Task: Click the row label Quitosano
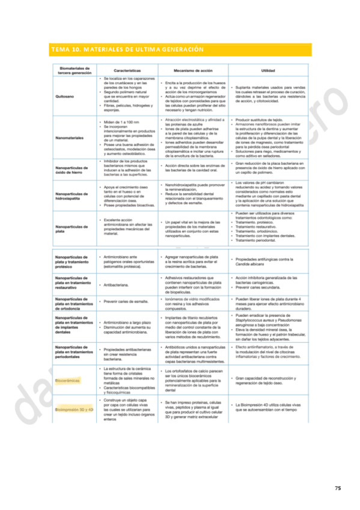(x=65, y=96)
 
